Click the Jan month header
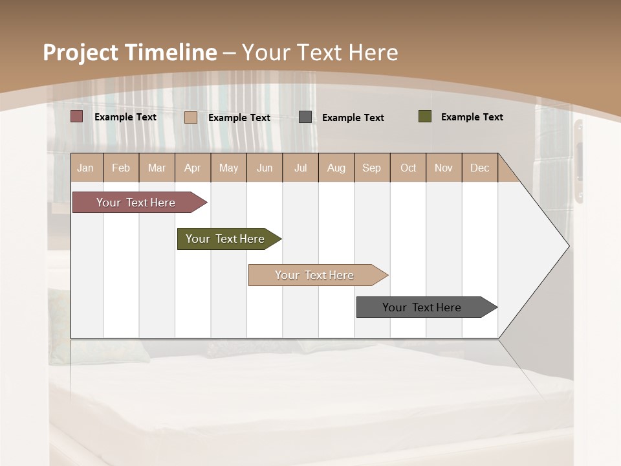click(x=85, y=168)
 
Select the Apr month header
click(x=192, y=168)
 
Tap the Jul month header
click(x=300, y=168)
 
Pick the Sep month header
click(x=371, y=168)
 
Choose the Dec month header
click(x=479, y=168)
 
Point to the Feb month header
click(x=121, y=168)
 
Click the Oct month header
click(x=408, y=168)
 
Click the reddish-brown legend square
click(x=77, y=116)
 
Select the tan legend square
click(x=191, y=117)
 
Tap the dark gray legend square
click(x=305, y=117)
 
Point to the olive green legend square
click(x=425, y=116)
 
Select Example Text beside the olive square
click(x=472, y=117)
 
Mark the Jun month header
click(x=265, y=168)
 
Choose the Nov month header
click(x=444, y=168)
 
